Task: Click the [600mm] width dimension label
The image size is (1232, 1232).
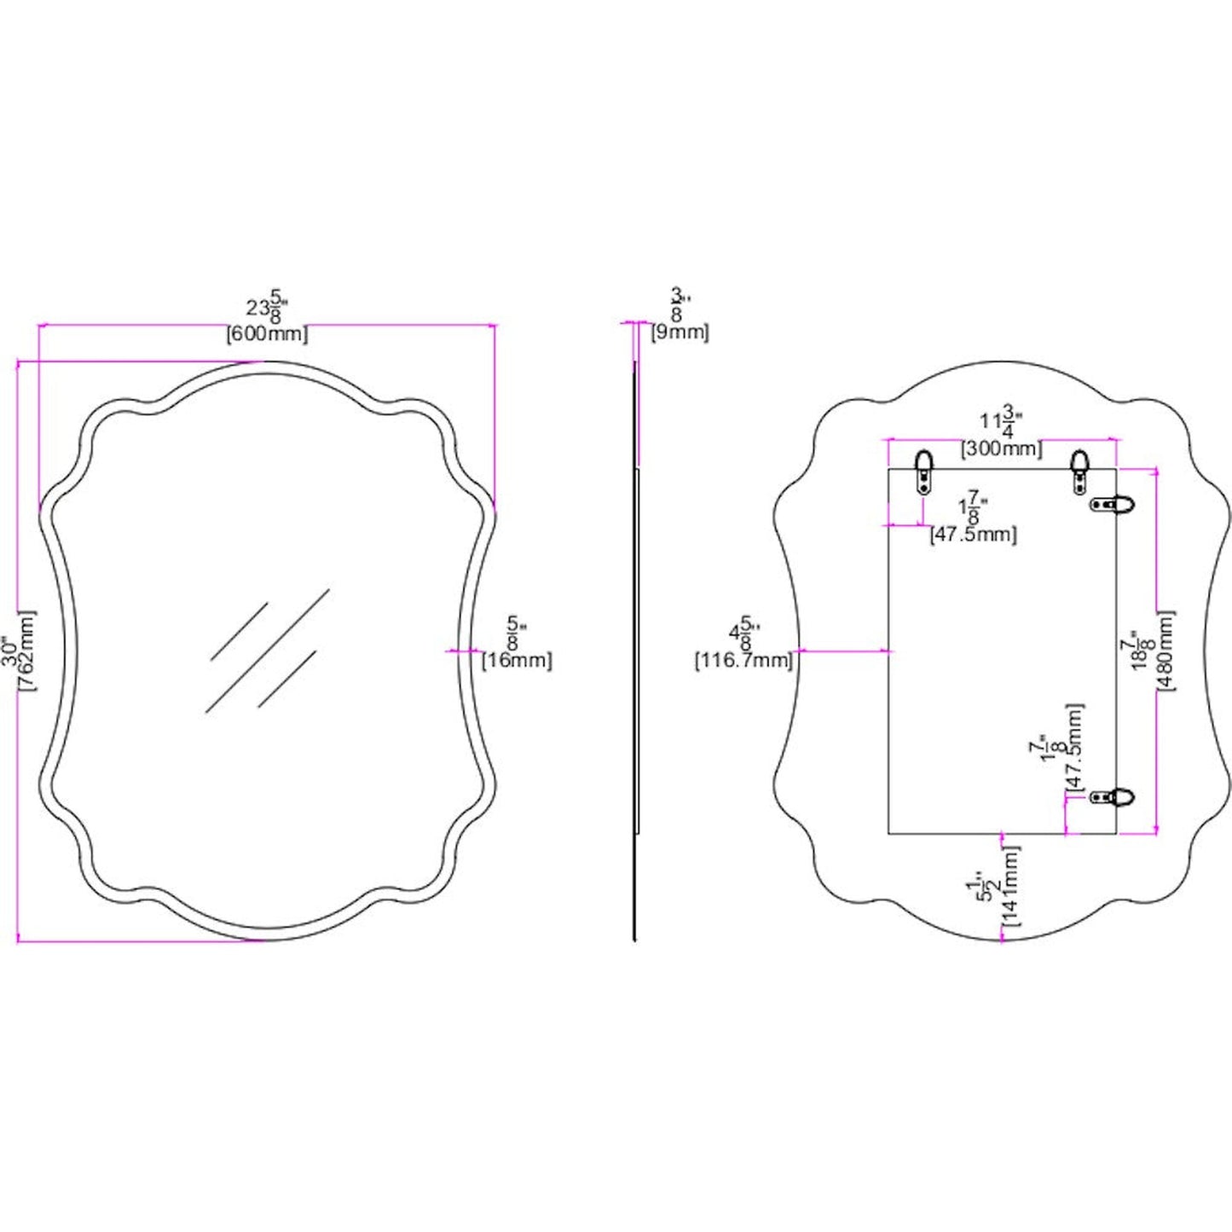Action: (267, 334)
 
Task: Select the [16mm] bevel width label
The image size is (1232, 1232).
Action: (517, 660)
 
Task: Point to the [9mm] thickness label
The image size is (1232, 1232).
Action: (680, 333)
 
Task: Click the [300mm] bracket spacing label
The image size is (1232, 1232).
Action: (1002, 448)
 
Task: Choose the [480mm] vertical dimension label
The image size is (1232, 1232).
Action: (1166, 651)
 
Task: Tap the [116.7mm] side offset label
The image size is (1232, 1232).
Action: (743, 660)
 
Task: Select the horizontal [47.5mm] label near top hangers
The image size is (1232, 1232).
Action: (973, 535)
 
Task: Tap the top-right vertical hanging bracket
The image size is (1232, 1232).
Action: (1079, 471)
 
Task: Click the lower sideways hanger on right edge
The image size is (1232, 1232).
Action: (1114, 798)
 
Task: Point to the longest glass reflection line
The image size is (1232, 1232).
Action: (267, 651)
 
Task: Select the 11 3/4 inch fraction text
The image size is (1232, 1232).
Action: (1001, 421)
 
